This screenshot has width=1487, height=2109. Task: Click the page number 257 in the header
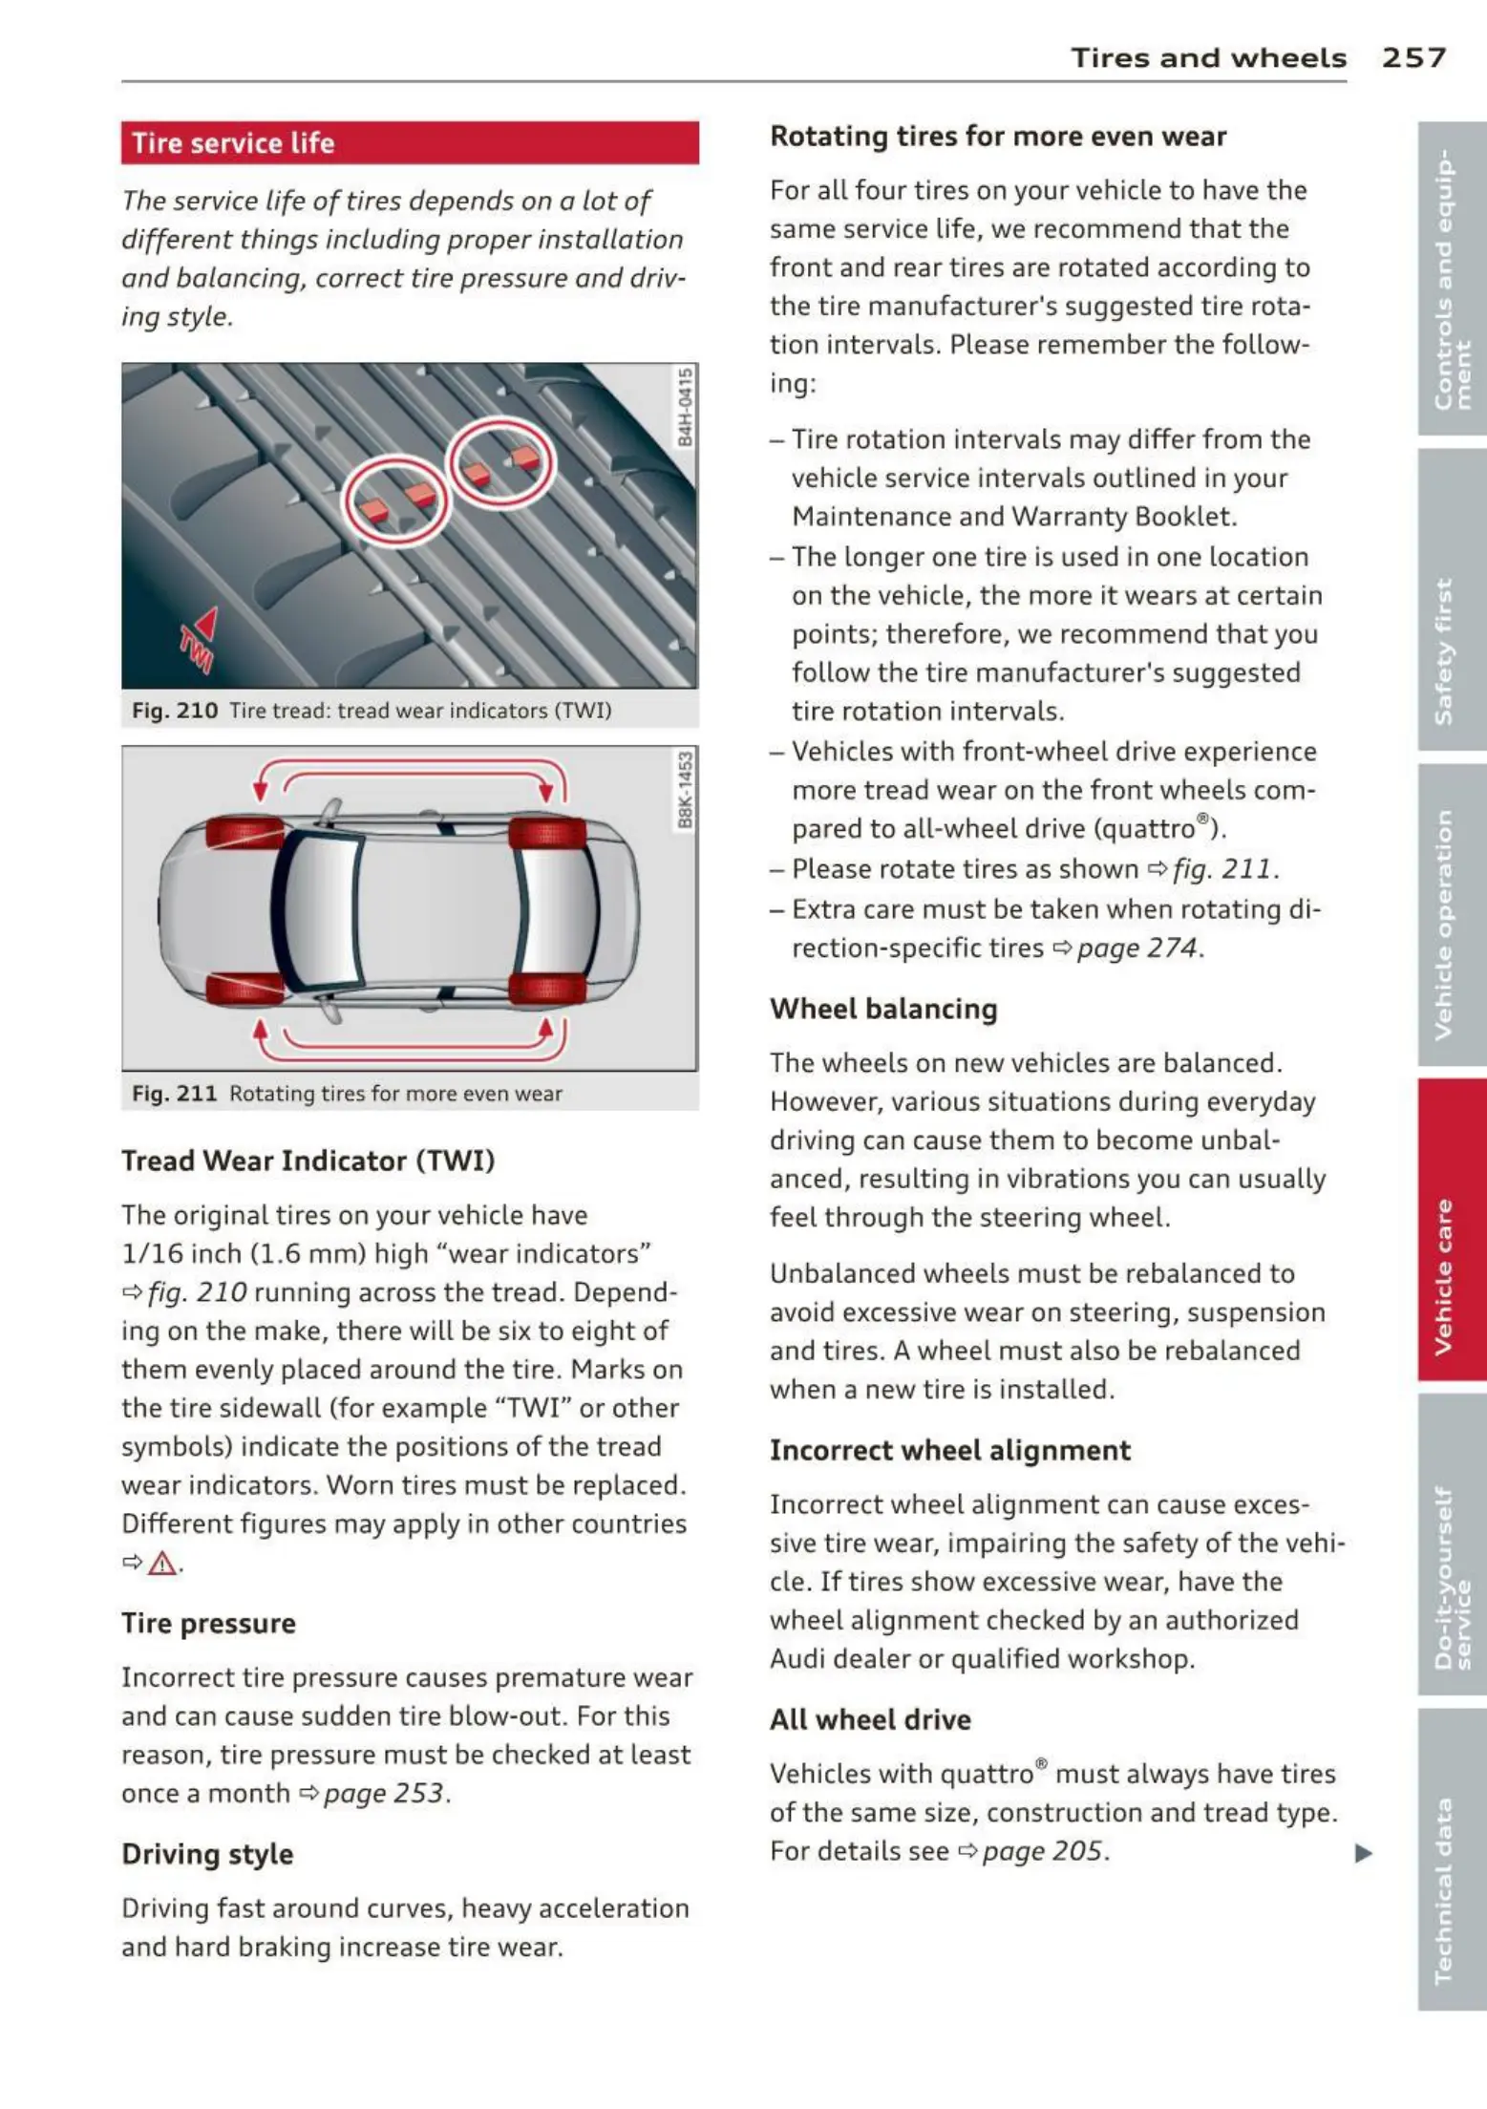tap(1413, 58)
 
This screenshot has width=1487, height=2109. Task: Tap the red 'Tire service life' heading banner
tap(410, 143)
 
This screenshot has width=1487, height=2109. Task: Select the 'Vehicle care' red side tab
tap(1451, 1230)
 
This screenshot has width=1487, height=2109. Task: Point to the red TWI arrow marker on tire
tap(201, 634)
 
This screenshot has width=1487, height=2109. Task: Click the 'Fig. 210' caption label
tap(175, 711)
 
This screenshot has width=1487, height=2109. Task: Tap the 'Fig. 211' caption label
tap(175, 1094)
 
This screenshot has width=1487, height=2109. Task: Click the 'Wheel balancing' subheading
tap(883, 1009)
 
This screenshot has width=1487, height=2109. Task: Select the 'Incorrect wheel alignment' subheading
tap(949, 1450)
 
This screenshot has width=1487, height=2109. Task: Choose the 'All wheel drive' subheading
tap(870, 1719)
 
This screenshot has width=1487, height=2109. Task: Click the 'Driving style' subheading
tap(207, 1854)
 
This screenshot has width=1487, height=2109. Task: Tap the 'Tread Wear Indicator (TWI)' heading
tap(308, 1161)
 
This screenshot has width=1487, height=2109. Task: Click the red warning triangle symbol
tap(162, 1564)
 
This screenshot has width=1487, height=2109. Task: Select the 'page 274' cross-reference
tap(1136, 948)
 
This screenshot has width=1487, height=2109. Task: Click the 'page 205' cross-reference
tap(1042, 1851)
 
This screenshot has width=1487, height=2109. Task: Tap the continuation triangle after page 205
tap(1364, 1854)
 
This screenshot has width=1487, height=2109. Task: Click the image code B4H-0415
tap(685, 409)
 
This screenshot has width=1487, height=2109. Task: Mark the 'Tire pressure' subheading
tap(208, 1623)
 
